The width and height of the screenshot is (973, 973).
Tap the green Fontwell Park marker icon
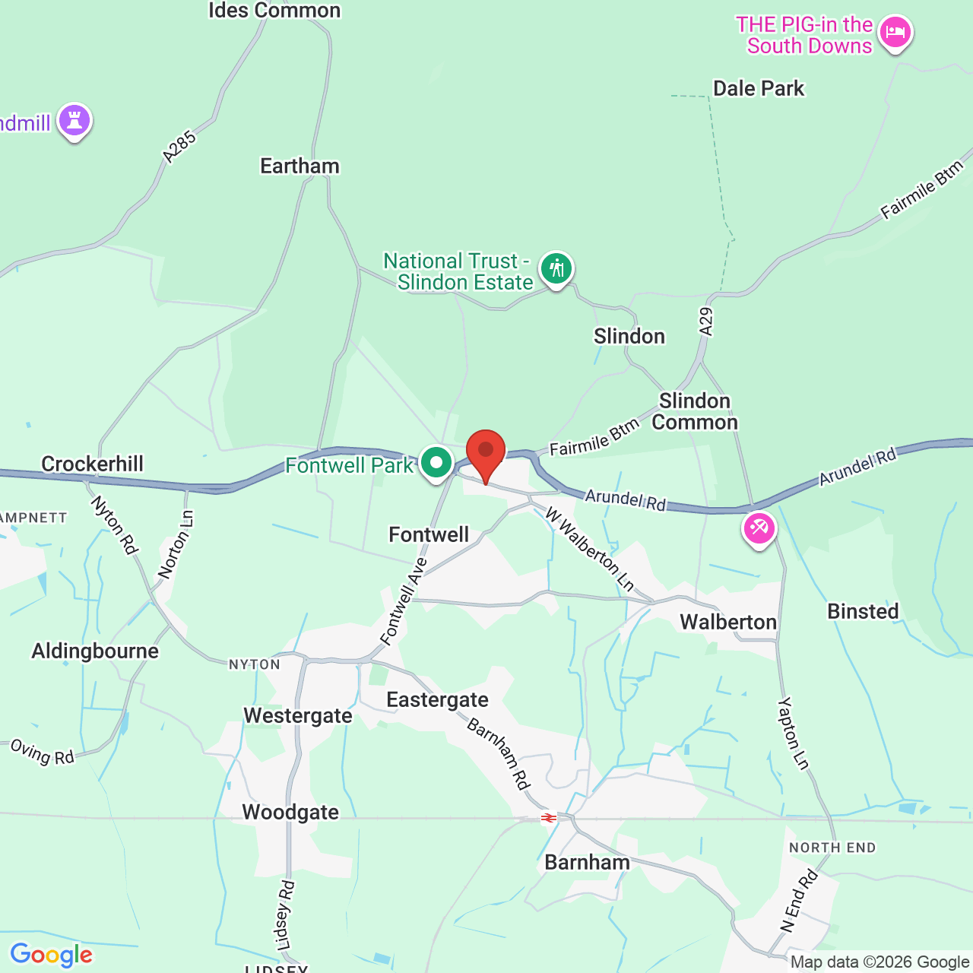(436, 462)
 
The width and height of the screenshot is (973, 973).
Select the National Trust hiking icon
(556, 268)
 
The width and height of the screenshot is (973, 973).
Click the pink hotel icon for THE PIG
(895, 33)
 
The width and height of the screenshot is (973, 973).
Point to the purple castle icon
(74, 119)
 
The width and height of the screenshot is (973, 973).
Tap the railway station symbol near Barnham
(548, 818)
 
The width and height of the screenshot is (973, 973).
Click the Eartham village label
(300, 166)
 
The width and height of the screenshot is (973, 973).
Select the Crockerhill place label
(92, 464)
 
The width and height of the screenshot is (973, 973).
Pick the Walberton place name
(727, 622)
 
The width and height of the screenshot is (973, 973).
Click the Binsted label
(863, 611)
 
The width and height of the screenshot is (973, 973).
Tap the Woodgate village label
(290, 812)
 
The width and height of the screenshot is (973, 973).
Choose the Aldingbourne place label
(95, 651)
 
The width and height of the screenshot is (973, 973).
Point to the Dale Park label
(758, 88)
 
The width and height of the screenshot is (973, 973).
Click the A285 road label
(179, 147)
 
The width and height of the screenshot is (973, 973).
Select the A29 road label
(706, 322)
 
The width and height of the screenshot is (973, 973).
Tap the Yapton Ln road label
(794, 733)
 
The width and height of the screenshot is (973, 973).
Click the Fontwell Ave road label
(404, 601)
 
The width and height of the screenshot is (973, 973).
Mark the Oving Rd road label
(43, 752)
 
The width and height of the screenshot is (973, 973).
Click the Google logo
(51, 955)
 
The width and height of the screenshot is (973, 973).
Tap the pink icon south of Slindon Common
(759, 528)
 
